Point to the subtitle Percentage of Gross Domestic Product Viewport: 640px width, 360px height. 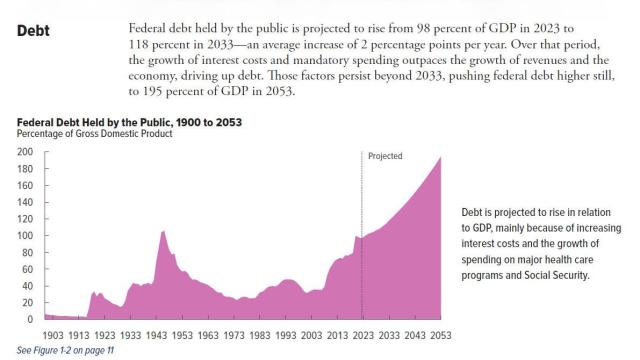tap(95, 134)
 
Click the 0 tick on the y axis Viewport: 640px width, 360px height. tap(29, 319)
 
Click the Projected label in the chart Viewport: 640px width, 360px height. tap(385, 157)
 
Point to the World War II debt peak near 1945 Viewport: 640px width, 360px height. tap(162, 232)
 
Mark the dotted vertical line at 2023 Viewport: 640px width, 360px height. tap(361, 200)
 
